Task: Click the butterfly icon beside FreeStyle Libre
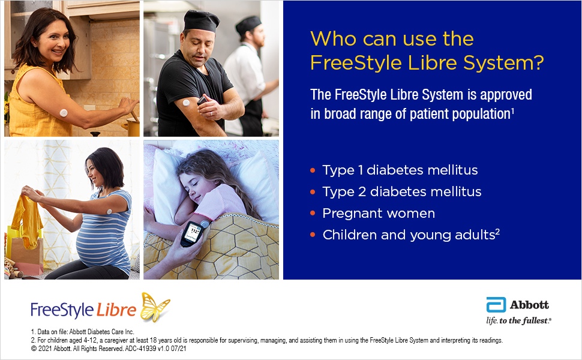[x=155, y=307]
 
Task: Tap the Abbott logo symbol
[x=496, y=305]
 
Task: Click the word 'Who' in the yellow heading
[x=332, y=39]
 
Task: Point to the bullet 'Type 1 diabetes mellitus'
[x=400, y=170]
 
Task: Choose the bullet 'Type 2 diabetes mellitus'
[x=401, y=191]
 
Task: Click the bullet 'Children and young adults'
[x=408, y=235]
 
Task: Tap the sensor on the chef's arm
[x=186, y=102]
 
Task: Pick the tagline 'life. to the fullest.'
[x=518, y=320]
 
